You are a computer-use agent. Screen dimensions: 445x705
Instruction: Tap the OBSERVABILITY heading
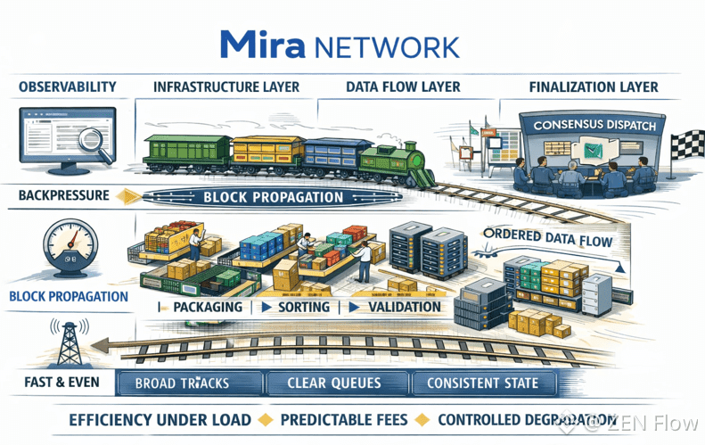coord(68,87)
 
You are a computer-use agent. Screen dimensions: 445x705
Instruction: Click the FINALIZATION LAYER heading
coord(593,87)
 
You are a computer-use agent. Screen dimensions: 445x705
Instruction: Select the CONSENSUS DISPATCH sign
coord(594,126)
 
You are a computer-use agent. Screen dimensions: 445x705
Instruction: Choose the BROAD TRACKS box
coord(182,384)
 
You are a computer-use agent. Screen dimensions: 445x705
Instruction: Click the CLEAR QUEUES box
coord(334,384)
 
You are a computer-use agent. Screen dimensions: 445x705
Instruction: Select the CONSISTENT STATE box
coord(482,384)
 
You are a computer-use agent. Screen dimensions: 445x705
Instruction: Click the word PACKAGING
coord(207,307)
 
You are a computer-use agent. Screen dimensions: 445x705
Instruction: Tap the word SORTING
coord(303,307)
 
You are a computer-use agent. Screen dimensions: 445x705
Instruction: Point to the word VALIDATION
coord(404,307)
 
